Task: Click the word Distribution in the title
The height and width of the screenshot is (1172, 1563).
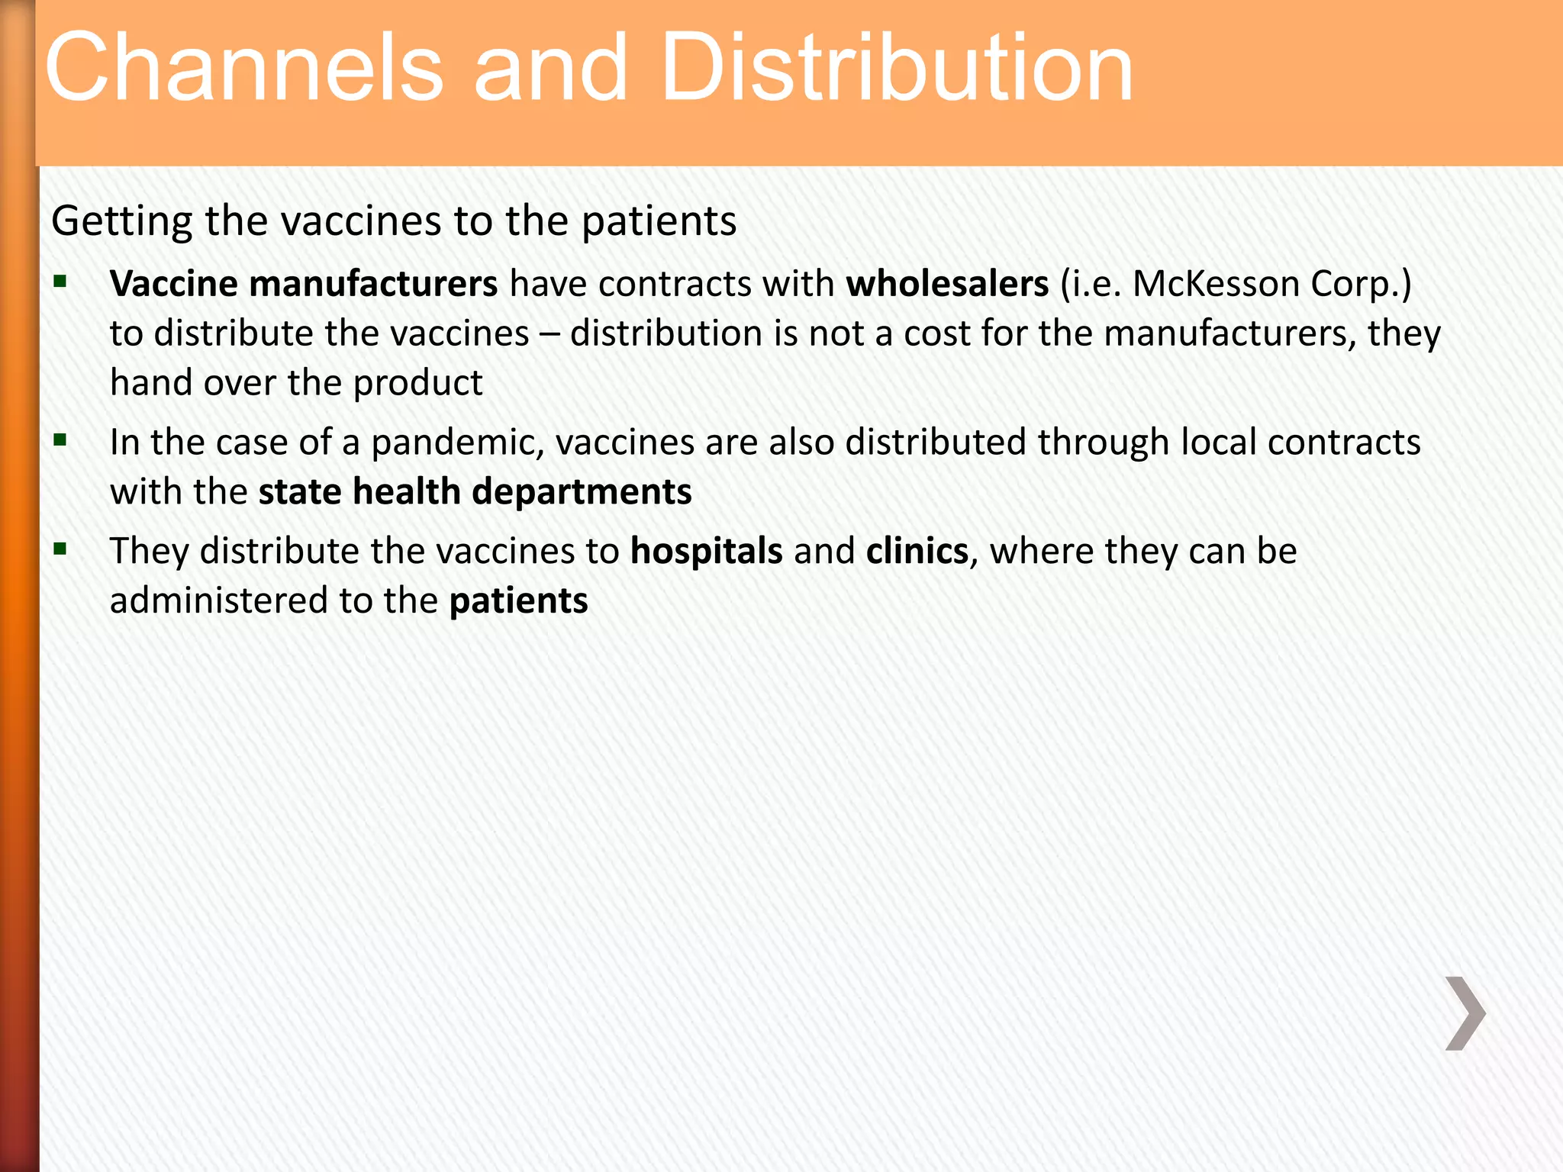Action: (x=898, y=69)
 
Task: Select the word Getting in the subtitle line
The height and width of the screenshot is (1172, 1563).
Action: (x=121, y=222)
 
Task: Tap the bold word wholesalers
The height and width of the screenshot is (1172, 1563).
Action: (x=947, y=284)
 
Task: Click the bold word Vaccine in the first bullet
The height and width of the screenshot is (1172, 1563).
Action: (x=174, y=284)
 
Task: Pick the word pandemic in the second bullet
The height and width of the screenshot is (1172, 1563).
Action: (x=457, y=443)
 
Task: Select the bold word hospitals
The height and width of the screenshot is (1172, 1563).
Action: (x=706, y=551)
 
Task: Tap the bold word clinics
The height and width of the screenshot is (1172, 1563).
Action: (x=917, y=551)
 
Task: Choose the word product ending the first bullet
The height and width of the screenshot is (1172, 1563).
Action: (x=418, y=383)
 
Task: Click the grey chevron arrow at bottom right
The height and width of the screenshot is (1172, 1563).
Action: (x=1465, y=1013)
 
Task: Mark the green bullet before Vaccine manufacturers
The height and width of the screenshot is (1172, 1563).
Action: (x=60, y=282)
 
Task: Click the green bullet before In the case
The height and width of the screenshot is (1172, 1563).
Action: (x=60, y=440)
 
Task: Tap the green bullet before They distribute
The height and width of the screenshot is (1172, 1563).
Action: (x=60, y=549)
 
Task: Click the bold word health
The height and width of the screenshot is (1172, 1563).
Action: (x=407, y=492)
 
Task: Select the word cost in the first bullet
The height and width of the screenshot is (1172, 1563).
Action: (x=938, y=334)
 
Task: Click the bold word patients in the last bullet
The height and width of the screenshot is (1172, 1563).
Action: (x=518, y=601)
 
